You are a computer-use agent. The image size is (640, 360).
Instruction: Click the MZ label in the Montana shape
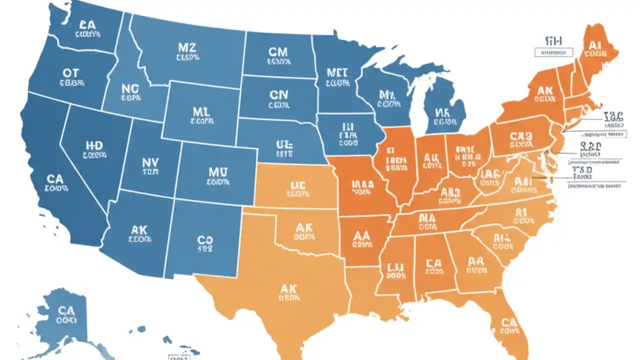coord(186,48)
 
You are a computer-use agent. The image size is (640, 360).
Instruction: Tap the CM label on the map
coord(278,52)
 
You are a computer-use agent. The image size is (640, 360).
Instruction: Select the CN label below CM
coord(278,95)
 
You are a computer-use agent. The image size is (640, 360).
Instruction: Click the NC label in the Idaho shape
coord(131,89)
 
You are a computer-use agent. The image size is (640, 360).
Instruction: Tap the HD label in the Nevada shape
coord(94,145)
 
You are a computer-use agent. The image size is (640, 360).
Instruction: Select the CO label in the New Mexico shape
coord(205,240)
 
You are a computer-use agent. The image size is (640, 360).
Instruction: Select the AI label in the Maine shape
coord(594,45)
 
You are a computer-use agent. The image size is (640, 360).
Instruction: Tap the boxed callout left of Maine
coord(553,52)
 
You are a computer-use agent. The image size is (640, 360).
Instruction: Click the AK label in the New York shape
coord(544,91)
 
